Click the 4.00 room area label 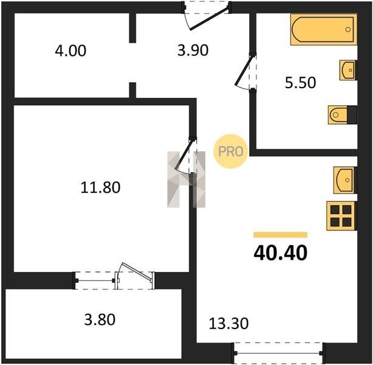point(70,51)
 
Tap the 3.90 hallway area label point(193,50)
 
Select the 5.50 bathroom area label point(300,83)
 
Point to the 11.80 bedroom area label point(100,187)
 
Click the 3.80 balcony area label point(100,319)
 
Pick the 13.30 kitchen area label point(228,324)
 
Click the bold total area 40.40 point(281,253)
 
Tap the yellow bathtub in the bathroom point(324,30)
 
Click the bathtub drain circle point(347,30)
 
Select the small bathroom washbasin point(347,70)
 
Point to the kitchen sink point(345,180)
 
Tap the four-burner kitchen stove point(341,216)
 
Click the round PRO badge point(231,151)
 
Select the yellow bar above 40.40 point(281,235)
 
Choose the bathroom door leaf point(244,70)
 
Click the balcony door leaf point(136,271)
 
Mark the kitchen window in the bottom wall point(278,353)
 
